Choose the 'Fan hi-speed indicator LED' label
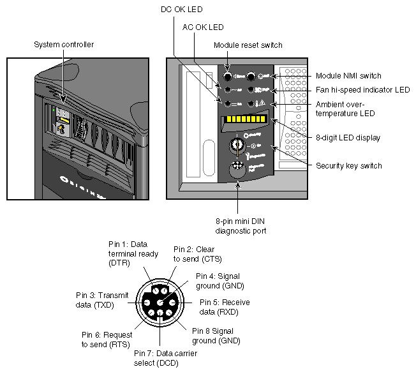click(362, 90)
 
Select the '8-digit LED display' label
click(348, 137)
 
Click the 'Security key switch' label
click(349, 165)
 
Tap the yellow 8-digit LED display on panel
click(245, 119)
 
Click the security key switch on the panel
click(239, 144)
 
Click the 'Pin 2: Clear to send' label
click(197, 253)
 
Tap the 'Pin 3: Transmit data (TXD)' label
click(100, 300)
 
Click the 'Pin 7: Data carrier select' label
click(157, 357)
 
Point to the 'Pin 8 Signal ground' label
click(214, 335)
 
